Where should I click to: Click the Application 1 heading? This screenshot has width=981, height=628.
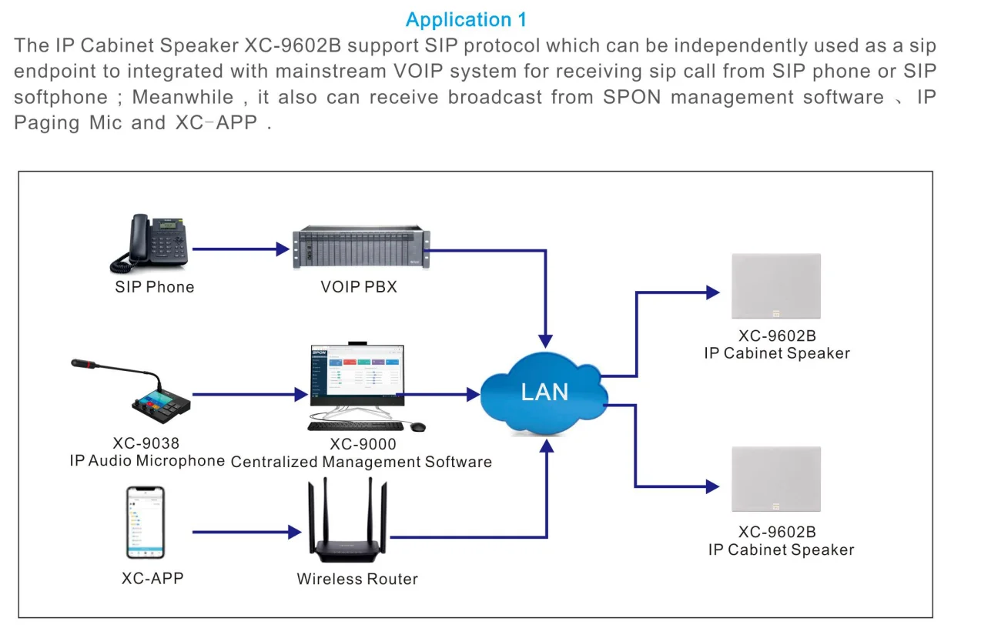[x=466, y=19]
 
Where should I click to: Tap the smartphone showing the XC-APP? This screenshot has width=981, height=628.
[x=146, y=522]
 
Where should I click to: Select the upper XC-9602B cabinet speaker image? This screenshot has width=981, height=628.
[x=775, y=286]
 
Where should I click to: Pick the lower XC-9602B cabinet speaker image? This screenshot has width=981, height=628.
[x=775, y=479]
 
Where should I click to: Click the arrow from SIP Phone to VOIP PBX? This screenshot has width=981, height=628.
[x=239, y=249]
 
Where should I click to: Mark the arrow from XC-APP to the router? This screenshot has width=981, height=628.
[x=246, y=532]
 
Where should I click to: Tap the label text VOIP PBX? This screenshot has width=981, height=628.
[x=359, y=288]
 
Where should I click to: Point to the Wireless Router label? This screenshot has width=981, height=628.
[x=357, y=580]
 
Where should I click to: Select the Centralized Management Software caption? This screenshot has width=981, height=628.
[x=361, y=463]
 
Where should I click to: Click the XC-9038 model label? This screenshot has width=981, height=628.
[x=146, y=443]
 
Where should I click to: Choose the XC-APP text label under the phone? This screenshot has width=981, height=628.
[x=152, y=578]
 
